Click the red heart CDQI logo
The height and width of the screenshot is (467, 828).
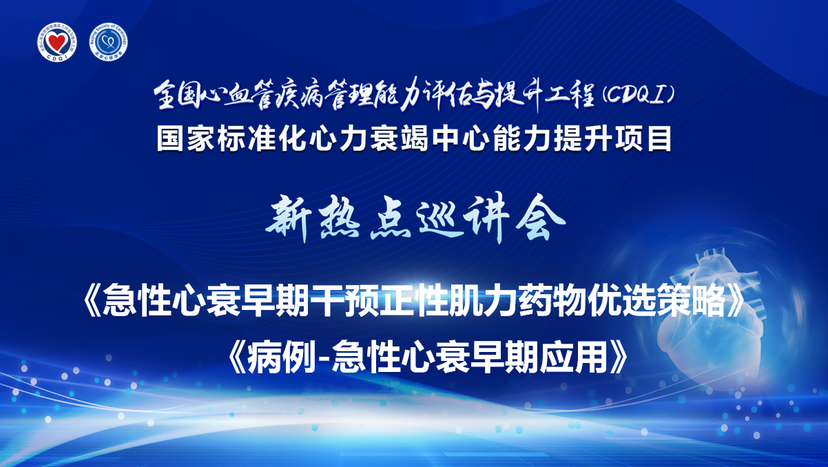coord(57,42)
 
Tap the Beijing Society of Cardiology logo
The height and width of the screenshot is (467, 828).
coord(108,42)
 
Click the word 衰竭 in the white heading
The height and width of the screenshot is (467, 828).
coord(400,139)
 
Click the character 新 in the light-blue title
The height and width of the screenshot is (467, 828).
coord(289,218)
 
